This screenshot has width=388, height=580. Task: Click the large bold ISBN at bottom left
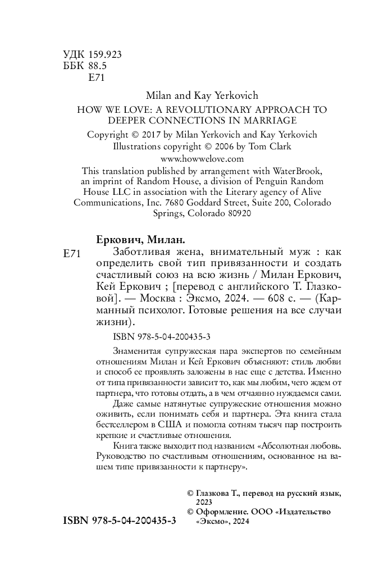116,520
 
